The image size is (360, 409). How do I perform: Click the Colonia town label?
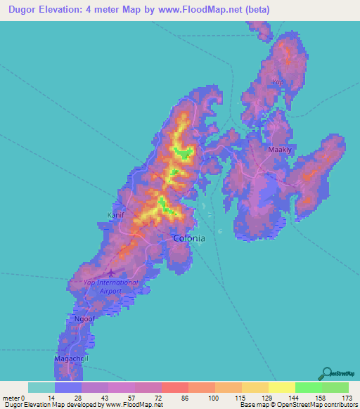coord(189,238)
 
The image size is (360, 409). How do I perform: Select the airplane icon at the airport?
coord(111,272)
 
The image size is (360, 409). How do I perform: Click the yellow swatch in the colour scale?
coord(281,388)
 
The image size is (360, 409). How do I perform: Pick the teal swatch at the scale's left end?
coord(41,388)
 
